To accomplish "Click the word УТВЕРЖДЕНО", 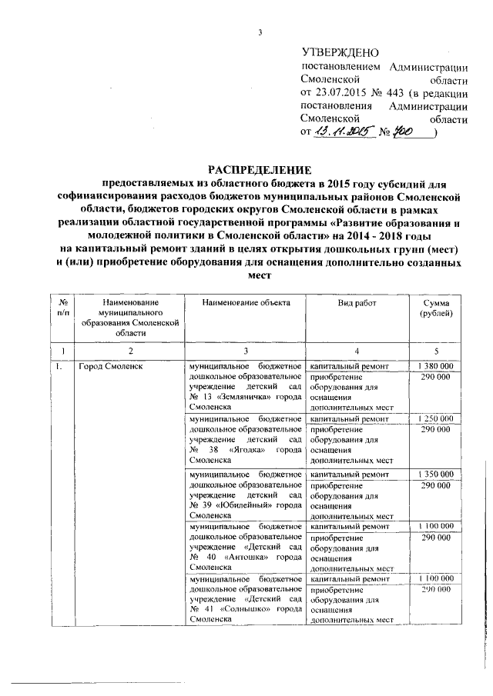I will (338, 53).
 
